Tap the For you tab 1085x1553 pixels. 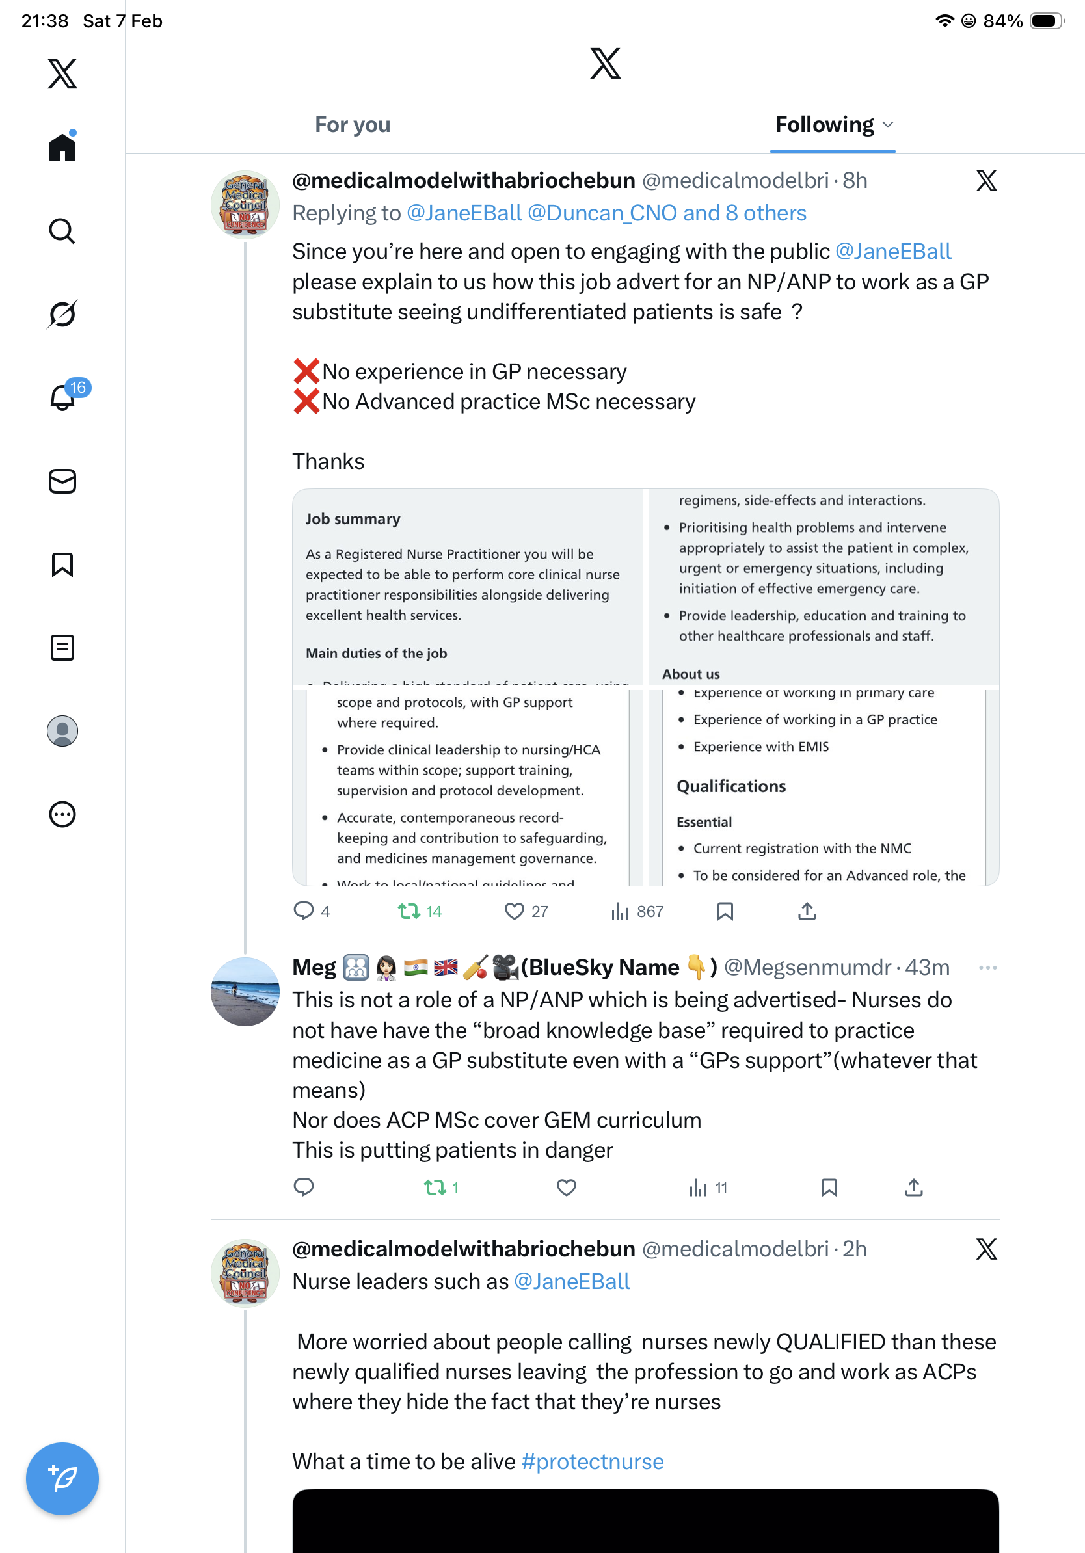click(353, 125)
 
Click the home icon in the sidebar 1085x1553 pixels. click(62, 147)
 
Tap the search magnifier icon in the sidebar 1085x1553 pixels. click(62, 232)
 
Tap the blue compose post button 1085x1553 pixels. click(62, 1479)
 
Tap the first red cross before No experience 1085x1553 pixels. click(306, 371)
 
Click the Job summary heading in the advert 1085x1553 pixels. click(353, 519)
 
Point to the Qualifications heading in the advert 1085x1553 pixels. click(731, 786)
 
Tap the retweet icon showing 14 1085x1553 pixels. click(409, 911)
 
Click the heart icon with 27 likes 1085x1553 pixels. click(514, 911)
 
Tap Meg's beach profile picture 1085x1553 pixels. click(245, 992)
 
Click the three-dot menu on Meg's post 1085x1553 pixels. click(987, 967)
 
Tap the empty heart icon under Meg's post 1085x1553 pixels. click(566, 1187)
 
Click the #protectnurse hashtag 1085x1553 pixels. click(593, 1462)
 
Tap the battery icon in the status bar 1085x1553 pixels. click(1046, 21)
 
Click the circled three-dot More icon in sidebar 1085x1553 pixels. click(62, 814)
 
